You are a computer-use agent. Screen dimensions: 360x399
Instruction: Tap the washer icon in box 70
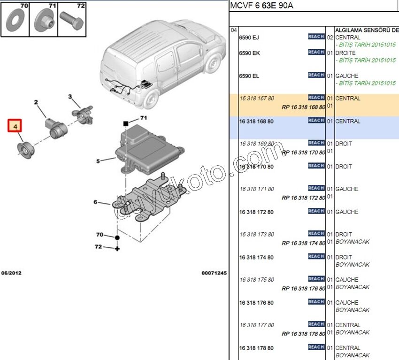(15, 20)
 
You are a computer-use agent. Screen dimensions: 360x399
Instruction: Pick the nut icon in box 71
(44, 21)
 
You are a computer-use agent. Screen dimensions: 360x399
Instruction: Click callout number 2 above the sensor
(35, 102)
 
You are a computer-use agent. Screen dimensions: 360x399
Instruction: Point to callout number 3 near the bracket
(70, 97)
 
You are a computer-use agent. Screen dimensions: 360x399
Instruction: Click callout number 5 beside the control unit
(98, 161)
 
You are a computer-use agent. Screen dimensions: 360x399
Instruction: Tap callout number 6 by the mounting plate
(95, 202)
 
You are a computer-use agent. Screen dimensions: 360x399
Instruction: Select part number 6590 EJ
(249, 38)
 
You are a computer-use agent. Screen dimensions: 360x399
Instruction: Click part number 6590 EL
(249, 76)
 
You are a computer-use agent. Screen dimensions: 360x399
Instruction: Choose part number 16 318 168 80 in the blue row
(256, 122)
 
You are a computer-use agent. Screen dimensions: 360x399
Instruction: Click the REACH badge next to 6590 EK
(316, 52)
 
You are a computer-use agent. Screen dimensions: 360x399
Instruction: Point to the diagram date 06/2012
(11, 273)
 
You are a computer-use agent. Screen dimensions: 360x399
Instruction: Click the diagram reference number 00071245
(214, 273)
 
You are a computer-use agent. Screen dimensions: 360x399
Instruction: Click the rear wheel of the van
(151, 100)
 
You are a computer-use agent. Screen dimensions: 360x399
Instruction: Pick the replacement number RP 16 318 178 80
(303, 334)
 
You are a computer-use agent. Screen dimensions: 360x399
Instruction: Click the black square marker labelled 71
(126, 123)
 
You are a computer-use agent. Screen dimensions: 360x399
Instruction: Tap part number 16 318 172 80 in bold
(256, 212)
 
